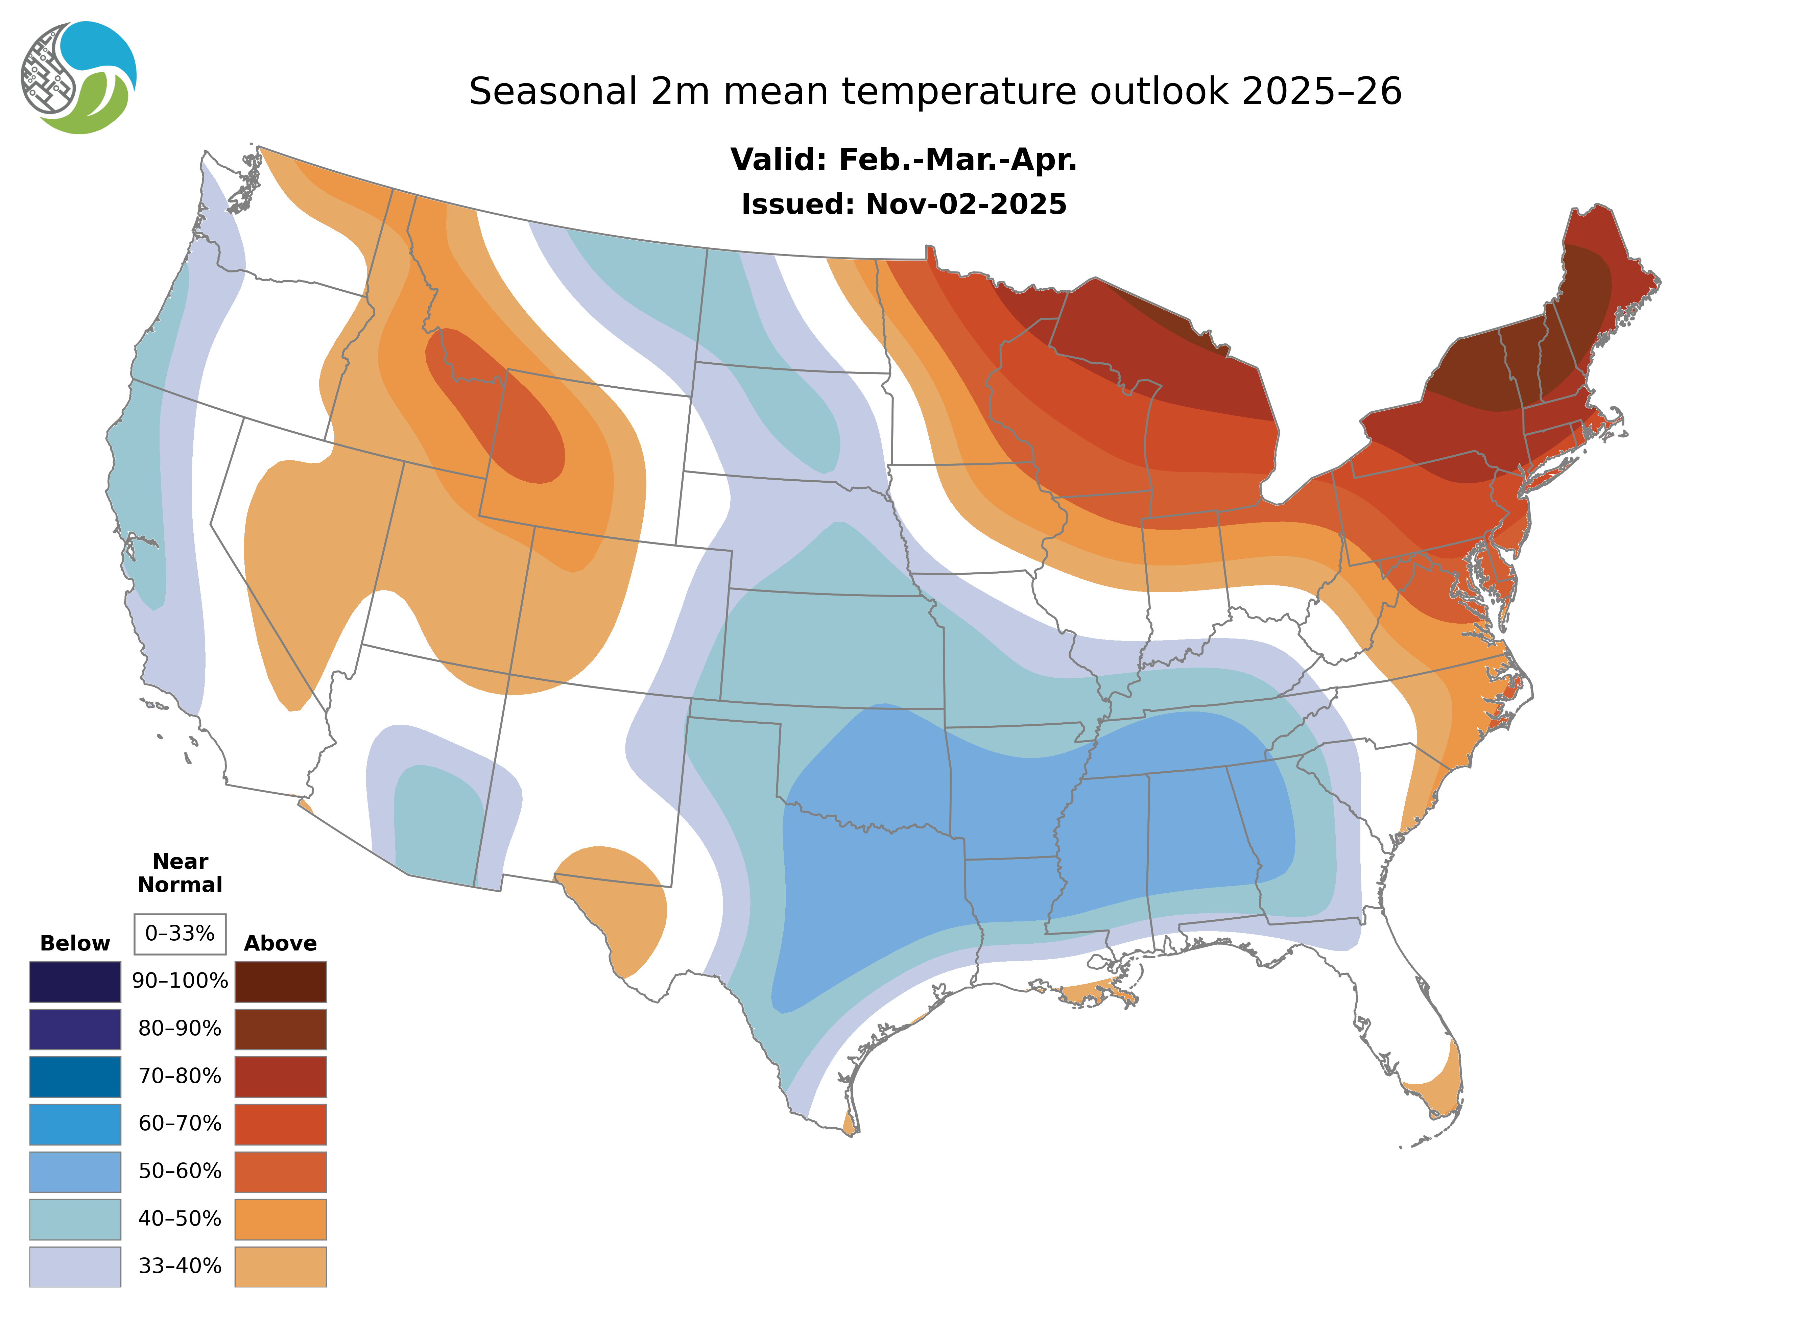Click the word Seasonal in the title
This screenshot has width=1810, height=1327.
click(x=553, y=92)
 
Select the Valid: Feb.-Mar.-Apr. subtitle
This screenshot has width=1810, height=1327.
click(x=903, y=160)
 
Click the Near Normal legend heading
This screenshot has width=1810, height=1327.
click(x=180, y=873)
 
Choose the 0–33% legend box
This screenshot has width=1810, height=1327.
click(x=180, y=934)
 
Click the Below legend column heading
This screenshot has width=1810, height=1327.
click(x=75, y=943)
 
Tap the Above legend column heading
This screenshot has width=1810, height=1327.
click(x=280, y=943)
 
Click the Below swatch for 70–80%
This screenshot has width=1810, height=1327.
click(x=75, y=1077)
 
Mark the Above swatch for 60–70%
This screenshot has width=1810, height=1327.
click(x=280, y=1124)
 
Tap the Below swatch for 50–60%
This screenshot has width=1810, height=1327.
click(x=75, y=1171)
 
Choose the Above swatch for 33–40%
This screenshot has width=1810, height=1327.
click(x=280, y=1266)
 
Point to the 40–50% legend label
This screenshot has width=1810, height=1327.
click(x=180, y=1219)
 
